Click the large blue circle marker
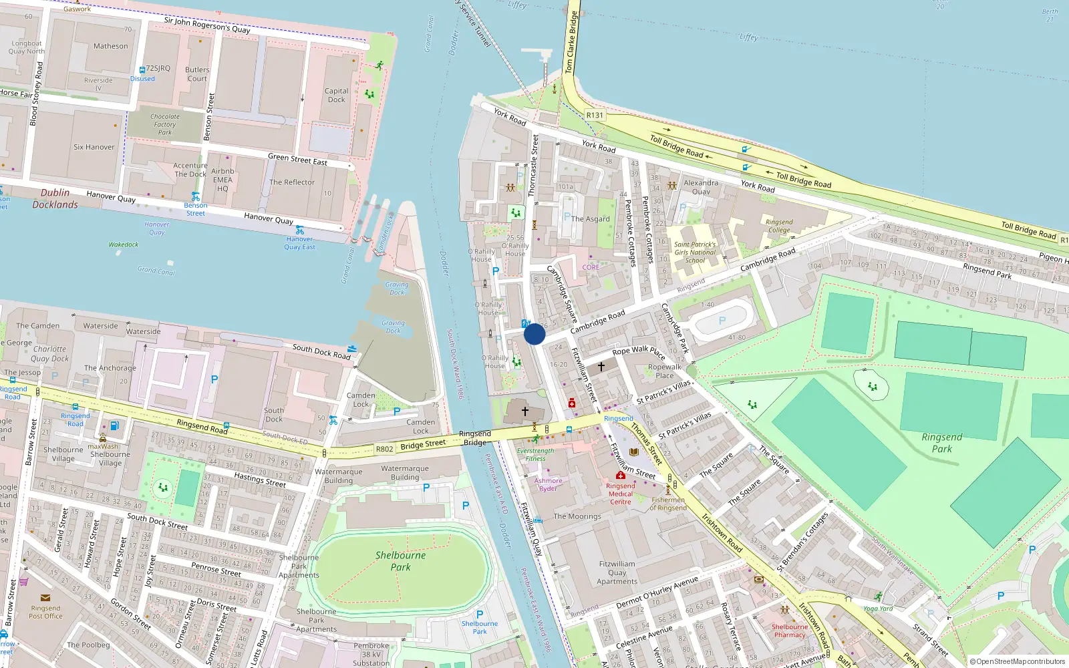(x=534, y=334)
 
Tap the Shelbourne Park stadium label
(x=400, y=561)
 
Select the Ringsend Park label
(x=942, y=443)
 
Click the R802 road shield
(x=384, y=449)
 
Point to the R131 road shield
(x=595, y=115)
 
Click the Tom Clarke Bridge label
(x=571, y=42)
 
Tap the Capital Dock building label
(x=336, y=96)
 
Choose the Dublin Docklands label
(x=55, y=198)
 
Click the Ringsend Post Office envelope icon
(x=45, y=598)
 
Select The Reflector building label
(x=292, y=182)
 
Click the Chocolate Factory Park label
(x=165, y=124)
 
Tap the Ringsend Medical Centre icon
(x=620, y=476)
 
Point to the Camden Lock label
(x=361, y=399)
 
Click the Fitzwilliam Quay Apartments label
(x=617, y=572)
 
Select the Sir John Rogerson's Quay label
(x=207, y=25)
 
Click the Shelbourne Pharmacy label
(x=790, y=631)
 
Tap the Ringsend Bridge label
(x=475, y=438)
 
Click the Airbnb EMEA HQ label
(x=222, y=180)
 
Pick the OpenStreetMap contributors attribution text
(x=1018, y=661)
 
